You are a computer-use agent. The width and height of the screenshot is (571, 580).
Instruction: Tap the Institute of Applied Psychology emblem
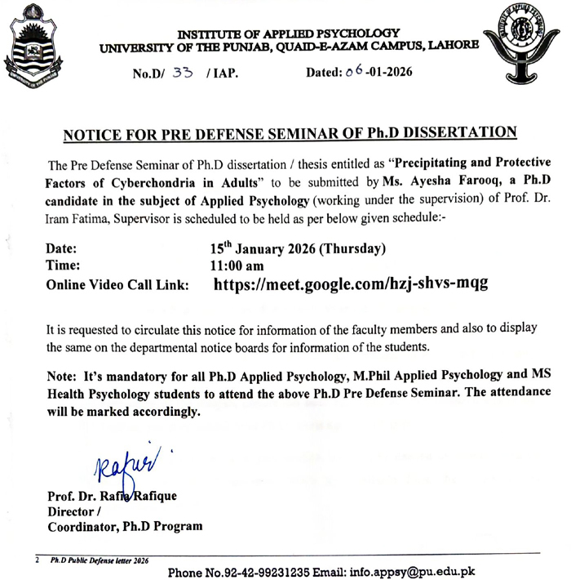pos(526,45)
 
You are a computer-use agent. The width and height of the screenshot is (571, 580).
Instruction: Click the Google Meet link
pos(351,284)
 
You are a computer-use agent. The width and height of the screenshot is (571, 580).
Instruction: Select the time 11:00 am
pos(237,266)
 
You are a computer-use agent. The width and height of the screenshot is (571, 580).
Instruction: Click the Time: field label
pos(64,266)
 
